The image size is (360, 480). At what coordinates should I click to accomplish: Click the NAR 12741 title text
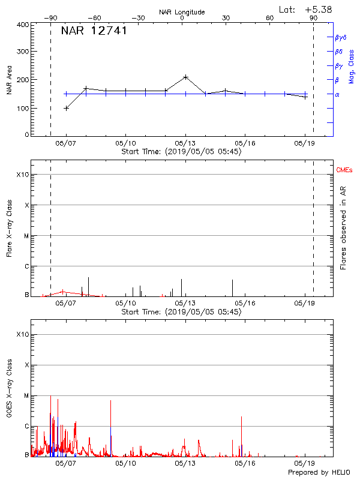pos(94,31)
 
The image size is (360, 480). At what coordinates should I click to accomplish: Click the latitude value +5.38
pos(319,9)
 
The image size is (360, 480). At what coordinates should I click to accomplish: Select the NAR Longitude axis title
pos(182,12)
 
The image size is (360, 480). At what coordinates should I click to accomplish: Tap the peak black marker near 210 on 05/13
pos(186,77)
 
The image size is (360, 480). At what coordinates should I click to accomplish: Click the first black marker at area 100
pos(66,108)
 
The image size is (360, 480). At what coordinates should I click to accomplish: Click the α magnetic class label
pos(337,94)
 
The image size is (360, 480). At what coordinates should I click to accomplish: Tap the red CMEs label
pos(345,171)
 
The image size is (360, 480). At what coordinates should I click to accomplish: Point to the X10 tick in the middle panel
pos(22,175)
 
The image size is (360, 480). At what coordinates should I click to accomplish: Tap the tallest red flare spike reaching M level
pos(50,397)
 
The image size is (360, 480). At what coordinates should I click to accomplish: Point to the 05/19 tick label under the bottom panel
pos(304,463)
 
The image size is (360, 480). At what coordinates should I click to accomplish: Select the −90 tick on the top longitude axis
pos(50,18)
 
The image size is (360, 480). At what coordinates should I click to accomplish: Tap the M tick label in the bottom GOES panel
pos(26,396)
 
